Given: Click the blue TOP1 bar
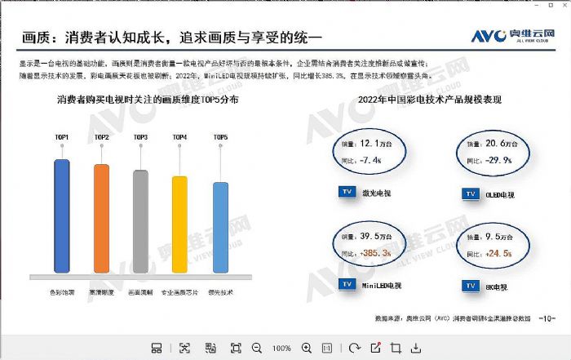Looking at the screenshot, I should pyautogui.click(x=62, y=216).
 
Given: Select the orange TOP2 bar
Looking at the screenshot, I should pyautogui.click(x=101, y=218).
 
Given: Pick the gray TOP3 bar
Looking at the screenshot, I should pyautogui.click(x=140, y=220).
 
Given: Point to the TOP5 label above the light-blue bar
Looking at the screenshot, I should pyautogui.click(x=220, y=137).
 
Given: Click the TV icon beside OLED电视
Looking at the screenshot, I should pyautogui.click(x=470, y=193).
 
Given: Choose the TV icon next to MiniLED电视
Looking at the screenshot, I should pyautogui.click(x=345, y=285).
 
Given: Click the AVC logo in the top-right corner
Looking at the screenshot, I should pyautogui.click(x=510, y=36).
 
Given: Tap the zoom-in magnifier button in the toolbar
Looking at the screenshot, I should pyautogui.click(x=307, y=348).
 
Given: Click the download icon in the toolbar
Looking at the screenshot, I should pyautogui.click(x=416, y=348).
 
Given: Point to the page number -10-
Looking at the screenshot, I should pyautogui.click(x=548, y=317).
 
